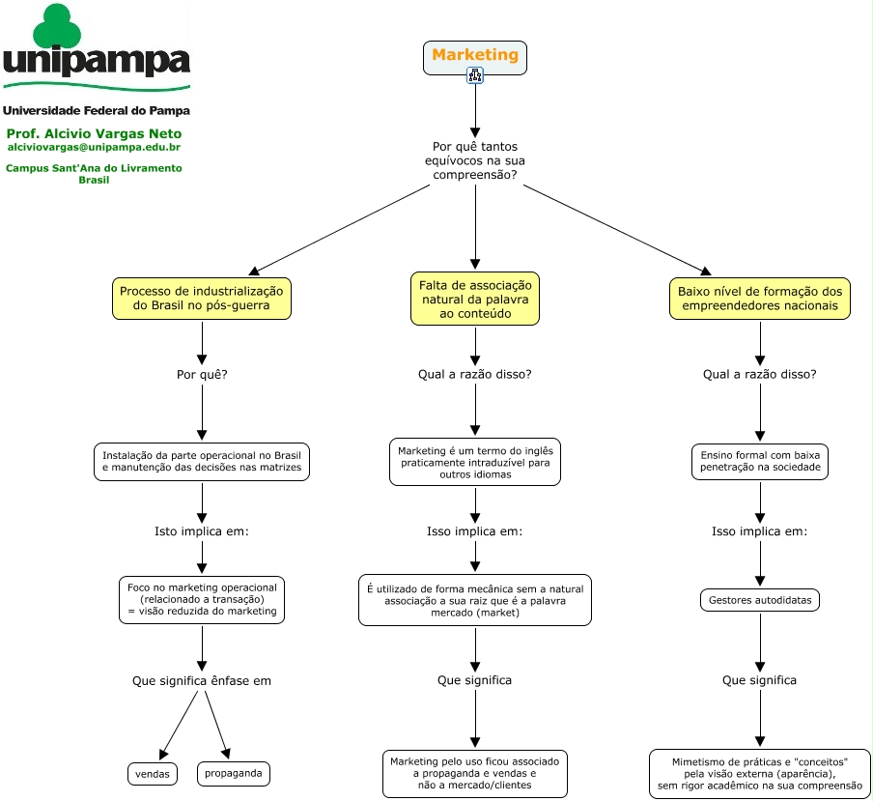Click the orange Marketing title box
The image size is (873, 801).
click(x=475, y=57)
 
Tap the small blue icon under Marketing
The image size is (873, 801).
click(x=475, y=75)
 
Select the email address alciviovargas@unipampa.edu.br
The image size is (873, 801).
click(x=94, y=147)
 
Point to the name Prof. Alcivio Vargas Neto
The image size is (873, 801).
click(x=94, y=133)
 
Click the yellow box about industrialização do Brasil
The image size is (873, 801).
click(x=202, y=299)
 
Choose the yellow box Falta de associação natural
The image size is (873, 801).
click(x=475, y=299)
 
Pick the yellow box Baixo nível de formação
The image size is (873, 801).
click(x=760, y=299)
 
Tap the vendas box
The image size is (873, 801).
click(x=153, y=774)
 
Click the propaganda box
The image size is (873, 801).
click(x=234, y=773)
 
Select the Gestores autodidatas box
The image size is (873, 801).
click(x=760, y=600)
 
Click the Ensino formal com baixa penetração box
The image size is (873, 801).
click(x=760, y=461)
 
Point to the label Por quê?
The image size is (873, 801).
click(x=202, y=374)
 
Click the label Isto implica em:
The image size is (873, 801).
click(x=202, y=531)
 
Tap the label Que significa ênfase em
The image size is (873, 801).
click(x=202, y=680)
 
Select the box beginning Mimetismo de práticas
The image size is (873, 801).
click(x=760, y=774)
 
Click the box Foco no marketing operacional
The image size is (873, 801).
click(x=202, y=599)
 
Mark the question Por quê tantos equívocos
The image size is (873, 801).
click(x=475, y=160)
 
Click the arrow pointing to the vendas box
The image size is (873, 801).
click(x=179, y=726)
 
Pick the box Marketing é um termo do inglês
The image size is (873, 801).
click(x=475, y=462)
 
